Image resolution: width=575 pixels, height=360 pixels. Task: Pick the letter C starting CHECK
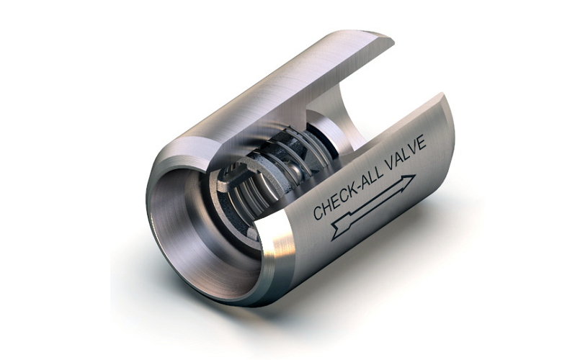tap(318, 212)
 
